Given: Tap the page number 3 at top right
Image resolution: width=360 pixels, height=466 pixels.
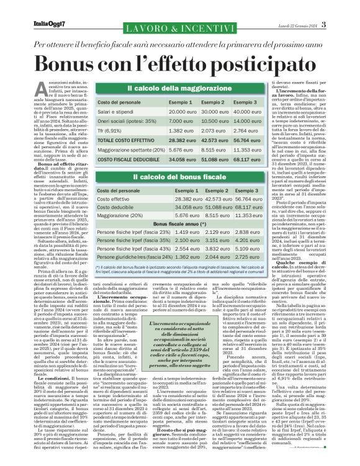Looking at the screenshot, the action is tap(324, 25).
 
